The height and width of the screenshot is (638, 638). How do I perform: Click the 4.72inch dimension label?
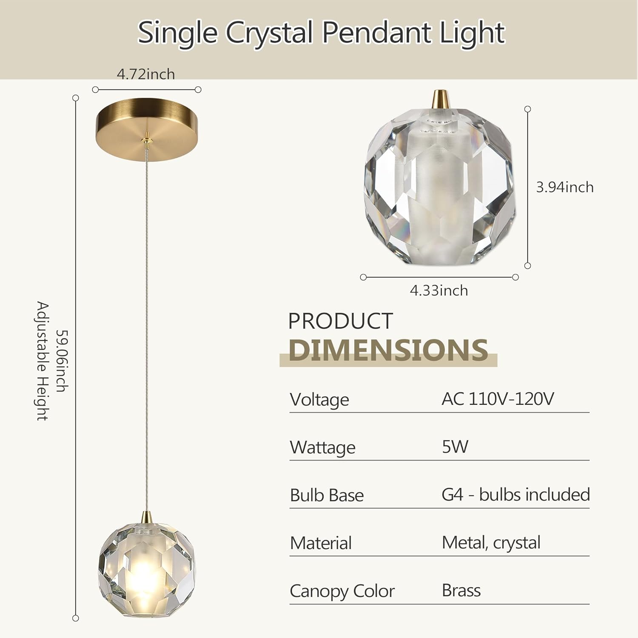click(146, 74)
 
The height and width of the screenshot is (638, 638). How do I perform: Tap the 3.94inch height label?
click(564, 187)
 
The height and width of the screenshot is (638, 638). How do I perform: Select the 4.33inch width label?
click(439, 291)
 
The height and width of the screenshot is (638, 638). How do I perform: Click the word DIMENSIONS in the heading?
click(388, 350)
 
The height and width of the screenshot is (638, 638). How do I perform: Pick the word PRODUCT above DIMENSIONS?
click(340, 321)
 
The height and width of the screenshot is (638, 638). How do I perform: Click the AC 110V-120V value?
click(498, 399)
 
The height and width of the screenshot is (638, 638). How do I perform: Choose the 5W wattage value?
click(455, 447)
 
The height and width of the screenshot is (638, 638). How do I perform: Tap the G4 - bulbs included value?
click(516, 495)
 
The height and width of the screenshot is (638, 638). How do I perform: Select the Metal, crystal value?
click(491, 543)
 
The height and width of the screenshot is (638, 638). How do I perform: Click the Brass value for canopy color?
click(461, 590)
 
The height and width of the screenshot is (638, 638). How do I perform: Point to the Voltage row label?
click(319, 400)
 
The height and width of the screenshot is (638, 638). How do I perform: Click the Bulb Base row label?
click(327, 496)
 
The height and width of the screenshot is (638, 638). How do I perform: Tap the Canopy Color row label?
click(342, 591)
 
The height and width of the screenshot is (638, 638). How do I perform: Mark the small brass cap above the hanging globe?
click(147, 516)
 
